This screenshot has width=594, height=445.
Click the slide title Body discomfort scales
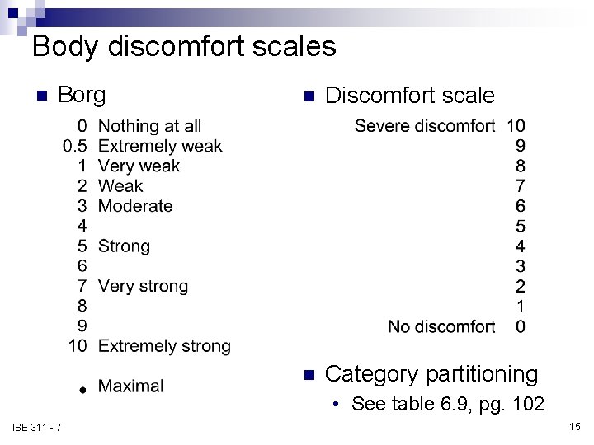(184, 46)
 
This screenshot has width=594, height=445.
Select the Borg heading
(82, 95)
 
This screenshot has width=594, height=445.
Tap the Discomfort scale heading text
(409, 96)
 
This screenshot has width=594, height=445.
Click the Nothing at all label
(149, 126)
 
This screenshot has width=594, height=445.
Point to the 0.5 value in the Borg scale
(75, 146)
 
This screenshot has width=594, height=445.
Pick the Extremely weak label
(160, 146)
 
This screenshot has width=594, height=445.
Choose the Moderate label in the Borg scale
(135, 206)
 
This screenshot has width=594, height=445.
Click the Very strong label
(143, 286)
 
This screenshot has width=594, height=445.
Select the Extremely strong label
(164, 346)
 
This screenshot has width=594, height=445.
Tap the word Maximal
(130, 386)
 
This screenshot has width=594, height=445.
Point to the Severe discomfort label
(425, 126)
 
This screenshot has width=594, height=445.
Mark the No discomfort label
(441, 326)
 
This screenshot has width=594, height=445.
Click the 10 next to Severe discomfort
(516, 126)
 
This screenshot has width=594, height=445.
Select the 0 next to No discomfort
(520, 326)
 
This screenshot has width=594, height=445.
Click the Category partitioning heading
(431, 374)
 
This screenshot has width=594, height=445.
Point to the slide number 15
(574, 426)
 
